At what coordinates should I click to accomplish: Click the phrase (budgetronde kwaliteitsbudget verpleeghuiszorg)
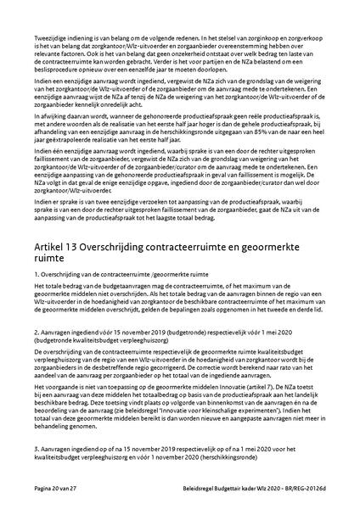click(x=93, y=342)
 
